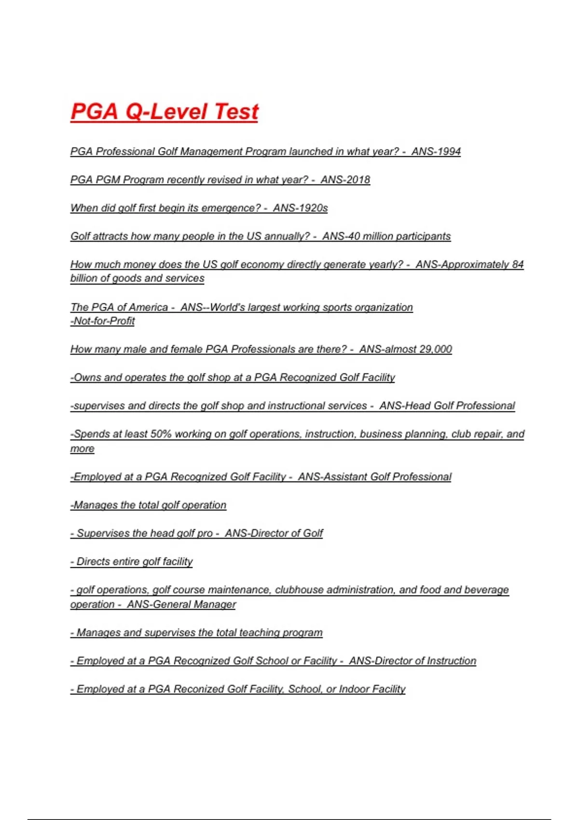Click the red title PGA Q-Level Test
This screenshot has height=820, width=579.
tap(164, 111)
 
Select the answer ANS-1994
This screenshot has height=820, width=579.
tap(436, 151)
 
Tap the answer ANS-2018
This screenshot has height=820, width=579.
tap(345, 180)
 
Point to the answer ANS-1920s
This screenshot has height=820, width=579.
tap(300, 208)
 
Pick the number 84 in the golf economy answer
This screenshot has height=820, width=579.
tap(518, 264)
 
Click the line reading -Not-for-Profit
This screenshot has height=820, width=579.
tap(102, 321)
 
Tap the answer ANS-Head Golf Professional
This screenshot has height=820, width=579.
tap(447, 406)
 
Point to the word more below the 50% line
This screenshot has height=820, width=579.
tap(82, 449)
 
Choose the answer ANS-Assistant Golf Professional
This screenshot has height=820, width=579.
tap(374, 477)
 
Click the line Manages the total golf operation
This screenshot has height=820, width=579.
tap(148, 505)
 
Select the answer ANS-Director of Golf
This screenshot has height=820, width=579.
tap(274, 533)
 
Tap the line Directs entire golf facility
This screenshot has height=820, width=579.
tap(131, 562)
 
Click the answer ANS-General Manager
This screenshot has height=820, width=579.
tap(181, 604)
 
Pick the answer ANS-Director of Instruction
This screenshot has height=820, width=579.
tap(413, 661)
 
